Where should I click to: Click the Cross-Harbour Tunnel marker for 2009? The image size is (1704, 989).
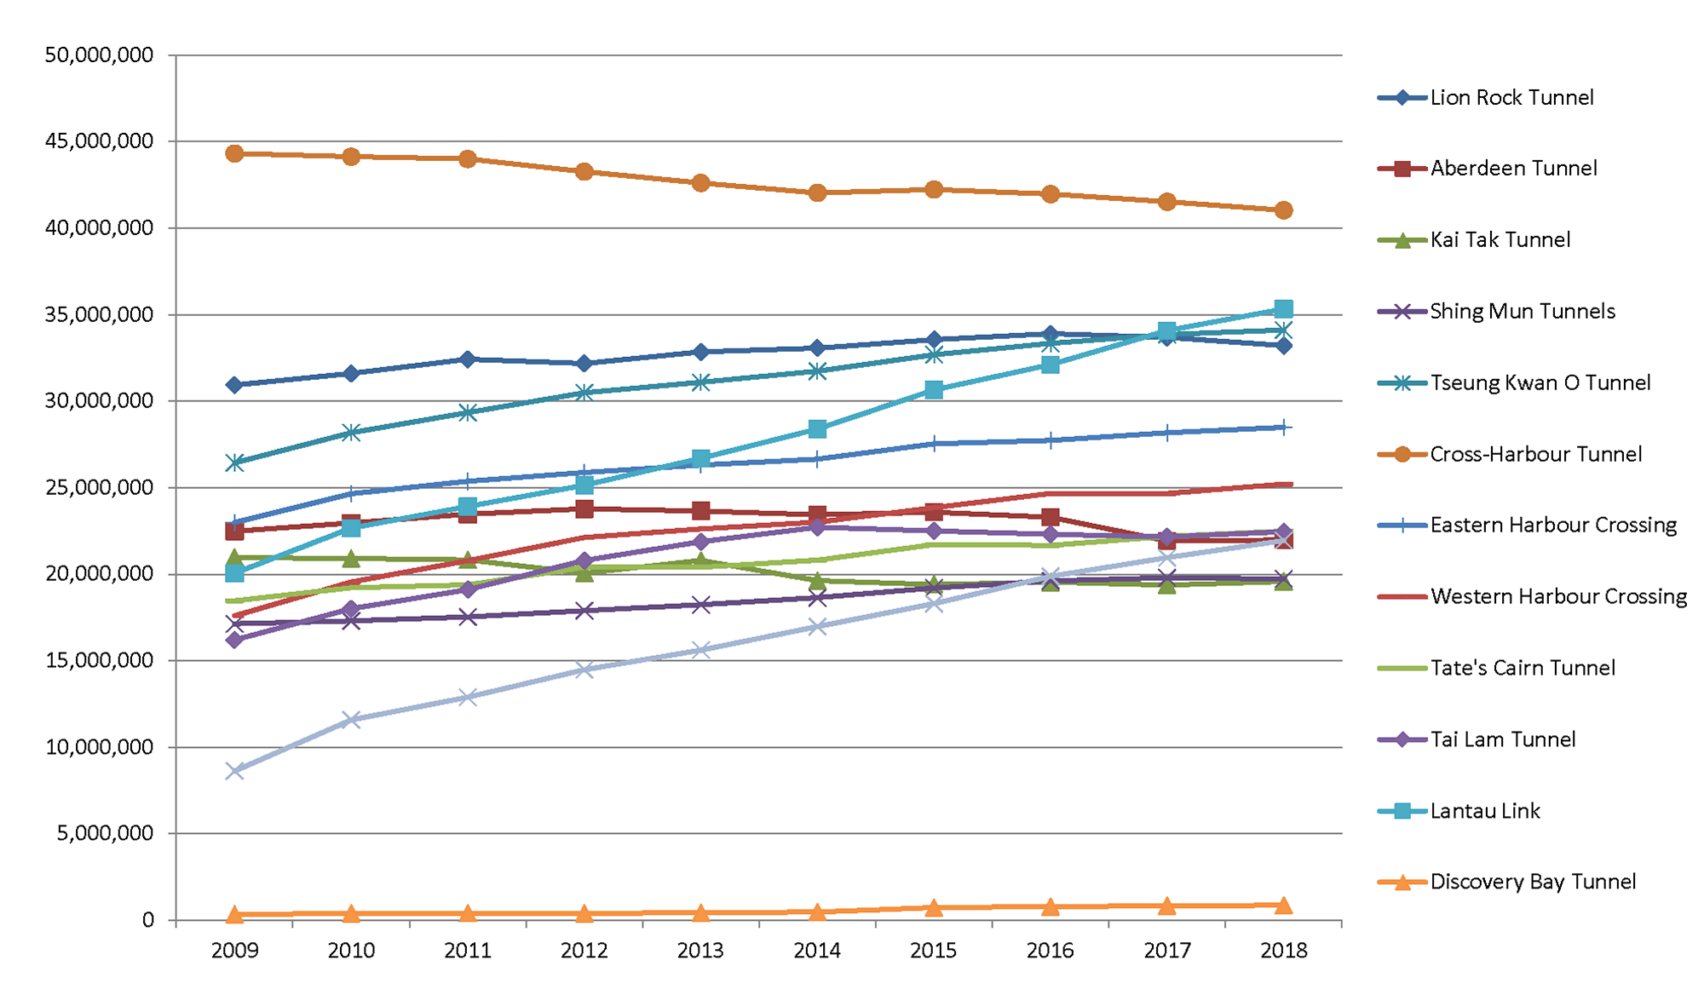pyautogui.click(x=234, y=153)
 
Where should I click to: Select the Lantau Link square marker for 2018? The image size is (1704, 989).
pyautogui.click(x=1283, y=308)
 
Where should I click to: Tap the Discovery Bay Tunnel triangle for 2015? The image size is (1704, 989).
pyautogui.click(x=934, y=907)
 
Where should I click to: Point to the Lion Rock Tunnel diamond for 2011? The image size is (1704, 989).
pyautogui.click(x=468, y=359)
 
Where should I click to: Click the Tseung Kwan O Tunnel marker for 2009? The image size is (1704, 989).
pyautogui.click(x=234, y=463)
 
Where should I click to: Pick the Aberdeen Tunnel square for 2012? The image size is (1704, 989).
pyautogui.click(x=584, y=509)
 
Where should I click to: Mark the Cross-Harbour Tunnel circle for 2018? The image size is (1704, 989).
pyautogui.click(x=1283, y=210)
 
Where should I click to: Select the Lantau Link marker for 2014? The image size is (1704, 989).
pyautogui.click(x=817, y=428)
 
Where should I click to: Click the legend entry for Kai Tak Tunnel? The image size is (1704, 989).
pyautogui.click(x=1500, y=240)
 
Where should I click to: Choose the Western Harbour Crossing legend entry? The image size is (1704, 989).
pyautogui.click(x=1558, y=596)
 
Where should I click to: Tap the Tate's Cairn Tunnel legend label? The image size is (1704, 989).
pyautogui.click(x=1523, y=668)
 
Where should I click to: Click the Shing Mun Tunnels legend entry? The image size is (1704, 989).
pyautogui.click(x=1523, y=312)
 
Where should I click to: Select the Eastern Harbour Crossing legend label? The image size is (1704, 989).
pyautogui.click(x=1553, y=525)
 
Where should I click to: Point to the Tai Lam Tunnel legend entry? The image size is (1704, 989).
pyautogui.click(x=1503, y=739)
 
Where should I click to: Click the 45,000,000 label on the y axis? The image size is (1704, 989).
pyautogui.click(x=100, y=141)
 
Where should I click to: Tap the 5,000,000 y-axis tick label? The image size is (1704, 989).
pyautogui.click(x=106, y=833)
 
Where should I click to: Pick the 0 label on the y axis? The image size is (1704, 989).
pyautogui.click(x=148, y=920)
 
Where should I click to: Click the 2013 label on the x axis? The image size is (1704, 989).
pyautogui.click(x=700, y=951)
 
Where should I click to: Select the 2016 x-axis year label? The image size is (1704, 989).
pyautogui.click(x=1050, y=951)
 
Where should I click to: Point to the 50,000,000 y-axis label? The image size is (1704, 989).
pyautogui.click(x=100, y=55)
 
